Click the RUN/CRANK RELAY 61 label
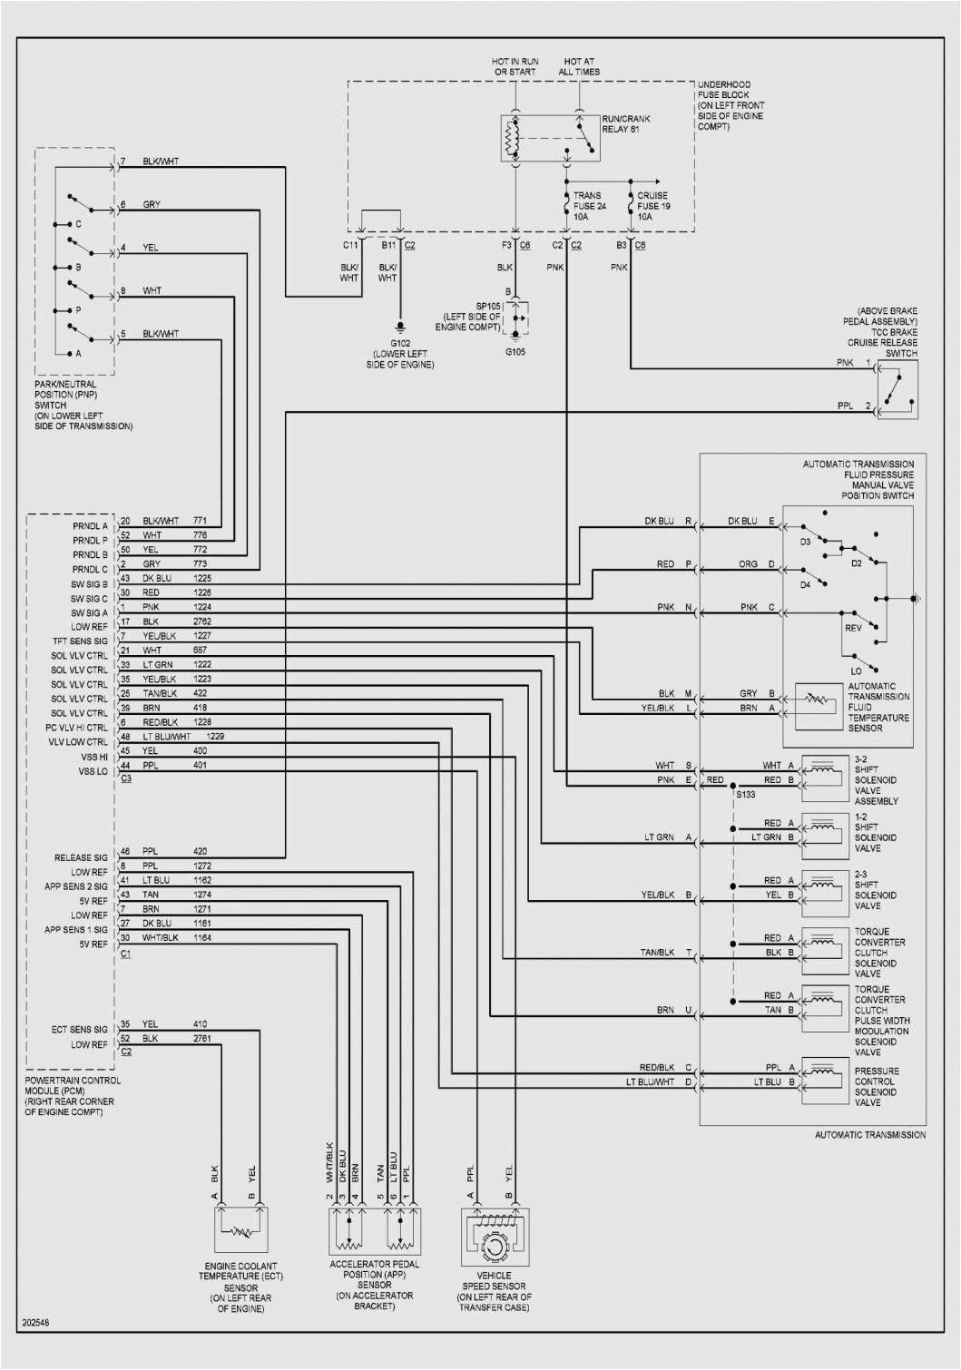pyautogui.click(x=625, y=124)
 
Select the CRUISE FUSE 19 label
pyautogui.click(x=652, y=206)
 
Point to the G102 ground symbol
pyautogui.click(x=399, y=328)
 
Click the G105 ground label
pyautogui.click(x=515, y=352)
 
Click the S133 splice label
pyautogui.click(x=745, y=795)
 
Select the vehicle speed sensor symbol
pyautogui.click(x=495, y=1238)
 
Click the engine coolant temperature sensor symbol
pyautogui.click(x=240, y=1231)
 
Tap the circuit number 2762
pyautogui.click(x=201, y=621)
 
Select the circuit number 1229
pyautogui.click(x=214, y=737)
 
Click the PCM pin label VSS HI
pyautogui.click(x=93, y=757)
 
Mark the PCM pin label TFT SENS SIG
pyautogui.click(x=80, y=641)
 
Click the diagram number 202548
pyautogui.click(x=35, y=1323)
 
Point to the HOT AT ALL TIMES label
pyautogui.click(x=579, y=67)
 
